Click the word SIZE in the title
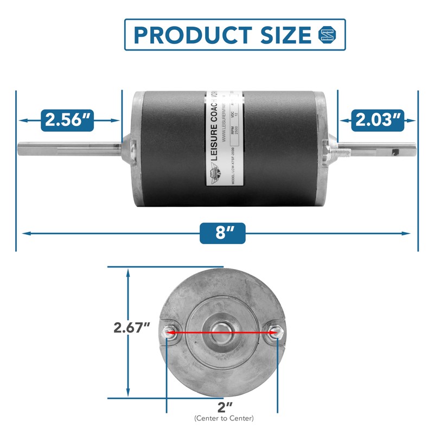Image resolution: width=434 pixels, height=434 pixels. click(x=287, y=35)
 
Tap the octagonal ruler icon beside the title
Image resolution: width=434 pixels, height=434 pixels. click(x=327, y=35)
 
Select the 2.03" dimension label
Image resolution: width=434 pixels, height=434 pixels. click(x=378, y=120)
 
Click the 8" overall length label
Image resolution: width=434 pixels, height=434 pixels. click(x=222, y=233)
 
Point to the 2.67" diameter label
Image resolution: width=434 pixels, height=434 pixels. click(x=131, y=328)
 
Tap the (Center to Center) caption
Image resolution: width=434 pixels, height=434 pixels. click(x=223, y=418)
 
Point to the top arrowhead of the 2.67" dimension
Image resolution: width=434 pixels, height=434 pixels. click(x=128, y=272)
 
